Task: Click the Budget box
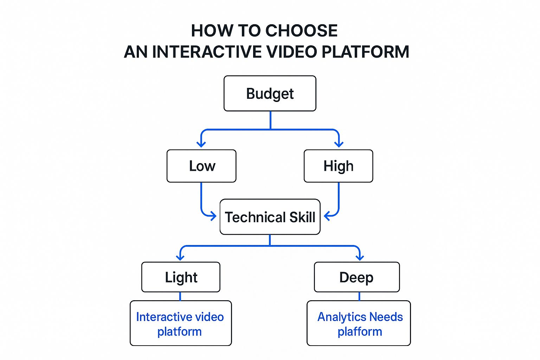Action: pyautogui.click(x=270, y=94)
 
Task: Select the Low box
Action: pyautogui.click(x=201, y=166)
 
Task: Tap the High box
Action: pyautogui.click(x=338, y=166)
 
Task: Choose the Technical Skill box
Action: pyautogui.click(x=270, y=217)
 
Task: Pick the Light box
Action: pyautogui.click(x=181, y=277)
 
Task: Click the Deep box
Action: pyautogui.click(x=356, y=277)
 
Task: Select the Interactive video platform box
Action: pyautogui.click(x=181, y=323)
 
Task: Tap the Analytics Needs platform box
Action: pyautogui.click(x=359, y=323)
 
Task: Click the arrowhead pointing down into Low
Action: pyautogui.click(x=201, y=144)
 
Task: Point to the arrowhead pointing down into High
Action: pyautogui.click(x=339, y=144)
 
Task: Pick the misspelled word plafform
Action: pyautogui.click(x=360, y=332)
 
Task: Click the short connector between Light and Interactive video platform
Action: pyautogui.click(x=180, y=296)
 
